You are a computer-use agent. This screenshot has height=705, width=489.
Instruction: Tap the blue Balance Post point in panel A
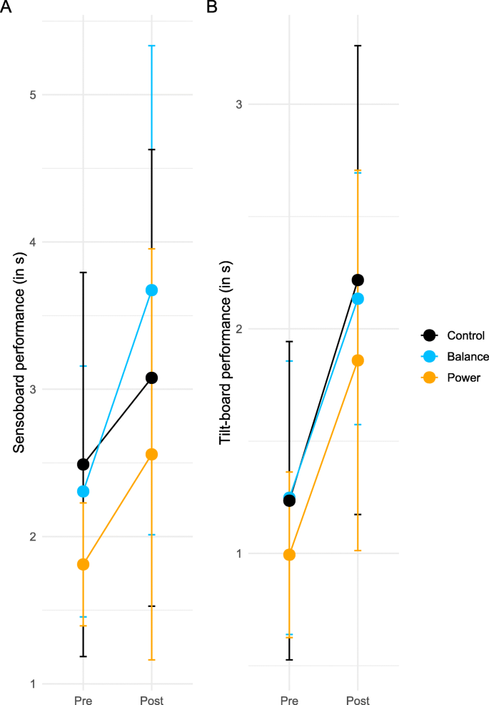pos(151,290)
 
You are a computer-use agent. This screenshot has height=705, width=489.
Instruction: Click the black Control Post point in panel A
pos(151,378)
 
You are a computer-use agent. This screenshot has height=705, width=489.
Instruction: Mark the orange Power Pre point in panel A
pos(84,564)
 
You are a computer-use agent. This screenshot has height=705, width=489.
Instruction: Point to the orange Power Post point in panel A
pos(151,454)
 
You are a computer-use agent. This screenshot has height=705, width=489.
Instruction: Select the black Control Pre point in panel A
pos(84,464)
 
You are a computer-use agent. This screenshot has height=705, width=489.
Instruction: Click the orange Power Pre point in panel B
pos(289,554)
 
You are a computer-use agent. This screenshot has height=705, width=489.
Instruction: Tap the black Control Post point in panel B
pos(358,280)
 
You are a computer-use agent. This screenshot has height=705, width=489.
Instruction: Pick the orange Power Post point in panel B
pos(358,360)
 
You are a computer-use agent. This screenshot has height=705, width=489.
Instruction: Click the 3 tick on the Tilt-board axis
pos(238,104)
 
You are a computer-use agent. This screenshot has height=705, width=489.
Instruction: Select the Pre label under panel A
pos(84,699)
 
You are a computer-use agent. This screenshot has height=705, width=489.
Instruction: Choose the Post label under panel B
pos(358,699)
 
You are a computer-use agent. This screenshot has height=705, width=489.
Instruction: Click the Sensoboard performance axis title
pos(19,352)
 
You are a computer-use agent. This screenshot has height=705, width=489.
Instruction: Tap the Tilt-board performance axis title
pos(225,352)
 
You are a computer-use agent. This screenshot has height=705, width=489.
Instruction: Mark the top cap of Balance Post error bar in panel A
pos(151,46)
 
